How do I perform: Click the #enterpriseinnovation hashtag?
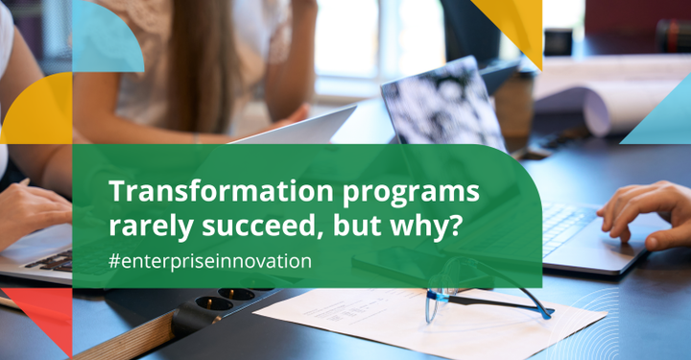[210, 260]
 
